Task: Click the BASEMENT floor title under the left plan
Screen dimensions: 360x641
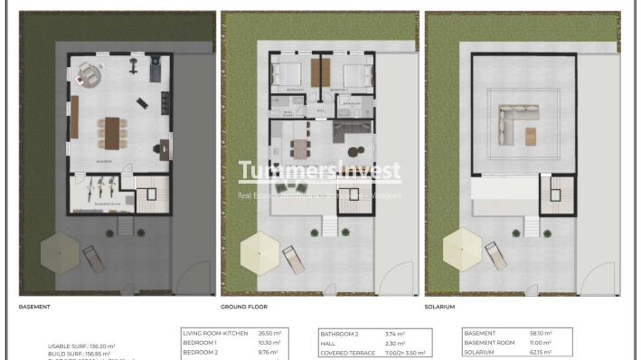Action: pos(34,308)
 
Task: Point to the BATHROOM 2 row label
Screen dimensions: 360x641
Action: pos(341,334)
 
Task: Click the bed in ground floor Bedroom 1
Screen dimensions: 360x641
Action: pos(288,73)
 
